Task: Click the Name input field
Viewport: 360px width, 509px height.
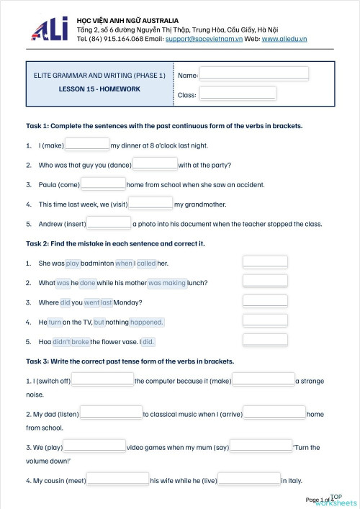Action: pos(254,74)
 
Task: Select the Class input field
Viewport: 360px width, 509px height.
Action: pos(238,94)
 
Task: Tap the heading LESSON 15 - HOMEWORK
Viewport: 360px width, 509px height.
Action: pos(99,89)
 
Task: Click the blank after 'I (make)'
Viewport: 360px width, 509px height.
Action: pos(87,145)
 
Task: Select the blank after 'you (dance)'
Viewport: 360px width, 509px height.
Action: pos(155,164)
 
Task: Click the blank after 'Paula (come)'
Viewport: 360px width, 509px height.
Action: pos(103,184)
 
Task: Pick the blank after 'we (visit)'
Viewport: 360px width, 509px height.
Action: pos(150,204)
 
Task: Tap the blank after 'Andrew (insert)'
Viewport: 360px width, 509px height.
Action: pos(109,223)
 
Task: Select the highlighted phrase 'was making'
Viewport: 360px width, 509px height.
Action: pos(167,283)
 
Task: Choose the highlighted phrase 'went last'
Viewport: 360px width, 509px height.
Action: pos(99,302)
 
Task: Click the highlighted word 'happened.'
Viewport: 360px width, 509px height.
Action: pos(147,322)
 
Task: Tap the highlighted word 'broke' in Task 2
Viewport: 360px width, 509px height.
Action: pos(81,341)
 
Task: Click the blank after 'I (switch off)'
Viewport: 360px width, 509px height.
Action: pos(103,380)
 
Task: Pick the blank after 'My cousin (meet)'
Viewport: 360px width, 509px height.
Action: pos(118,479)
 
